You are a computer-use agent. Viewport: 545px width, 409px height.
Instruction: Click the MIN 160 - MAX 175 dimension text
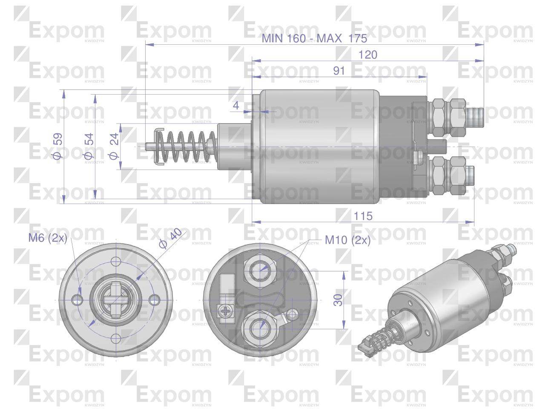pos(314,38)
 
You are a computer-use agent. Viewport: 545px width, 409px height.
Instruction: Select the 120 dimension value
pos(368,55)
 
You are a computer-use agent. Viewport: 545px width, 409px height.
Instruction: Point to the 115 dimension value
pos(363,216)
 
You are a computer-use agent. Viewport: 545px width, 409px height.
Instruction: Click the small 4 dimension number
pos(237,105)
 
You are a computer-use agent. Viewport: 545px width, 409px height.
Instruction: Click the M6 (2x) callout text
pos(48,238)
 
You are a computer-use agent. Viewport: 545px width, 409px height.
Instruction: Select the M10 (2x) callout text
pos(347,240)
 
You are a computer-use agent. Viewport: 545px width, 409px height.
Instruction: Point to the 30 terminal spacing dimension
pos(338,300)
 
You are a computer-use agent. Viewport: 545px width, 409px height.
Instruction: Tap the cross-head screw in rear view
pos(225,312)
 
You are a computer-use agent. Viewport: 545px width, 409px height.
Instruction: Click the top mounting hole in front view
pos(116,262)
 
